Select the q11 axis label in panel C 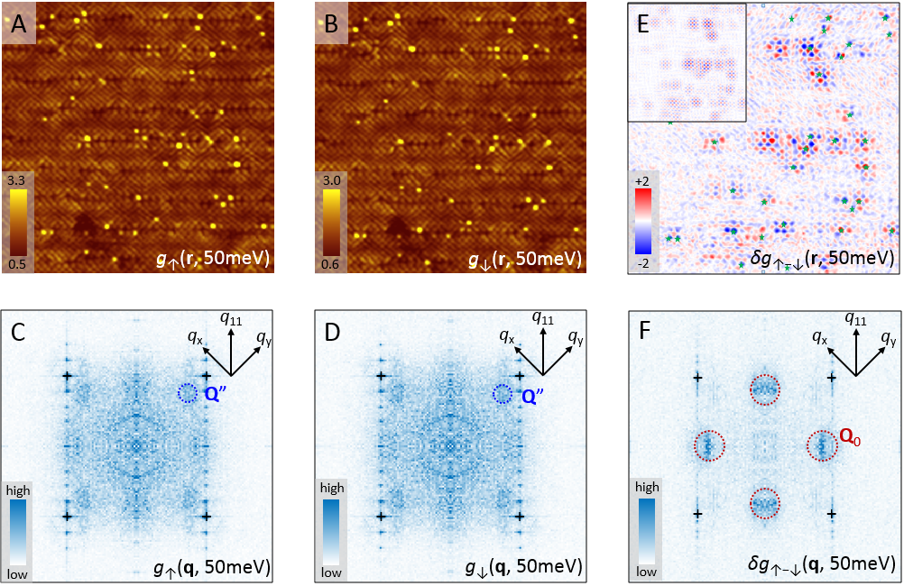(x=232, y=317)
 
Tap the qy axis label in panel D (x=575, y=339)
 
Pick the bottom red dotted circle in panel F (x=765, y=503)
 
